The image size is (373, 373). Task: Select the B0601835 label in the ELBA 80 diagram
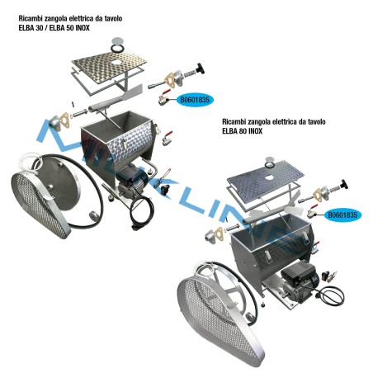click(x=342, y=215)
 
